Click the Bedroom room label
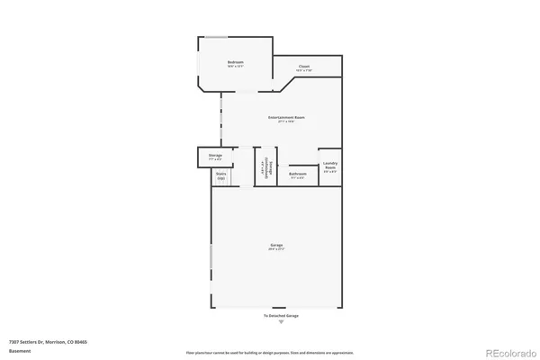click(236, 61)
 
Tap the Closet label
click(304, 66)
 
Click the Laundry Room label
click(330, 166)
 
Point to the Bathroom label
click(298, 174)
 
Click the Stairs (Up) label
click(220, 175)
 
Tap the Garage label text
click(276, 245)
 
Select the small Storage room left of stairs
click(215, 157)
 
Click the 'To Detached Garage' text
click(280, 316)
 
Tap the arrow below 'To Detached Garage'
click(280, 322)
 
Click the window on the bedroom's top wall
click(216, 37)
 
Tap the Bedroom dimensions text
click(236, 67)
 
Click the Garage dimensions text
click(276, 250)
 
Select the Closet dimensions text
click(304, 70)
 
